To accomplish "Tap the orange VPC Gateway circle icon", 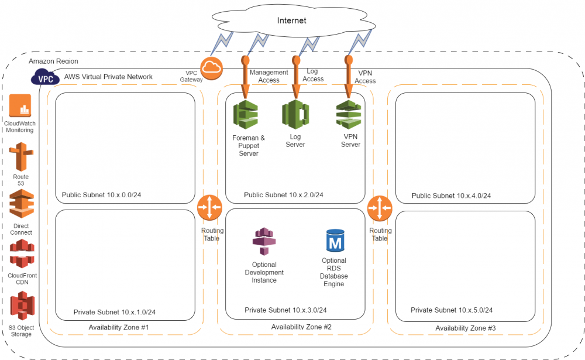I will [211, 69].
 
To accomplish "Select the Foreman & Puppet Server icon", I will [245, 115].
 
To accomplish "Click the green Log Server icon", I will [295, 114].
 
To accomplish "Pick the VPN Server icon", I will [349, 114].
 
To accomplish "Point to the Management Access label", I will [269, 76].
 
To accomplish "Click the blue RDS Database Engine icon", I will [335, 241].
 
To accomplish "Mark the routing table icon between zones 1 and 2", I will [209, 208].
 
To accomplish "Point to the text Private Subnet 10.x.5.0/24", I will [451, 310].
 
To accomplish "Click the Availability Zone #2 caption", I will [301, 327].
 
